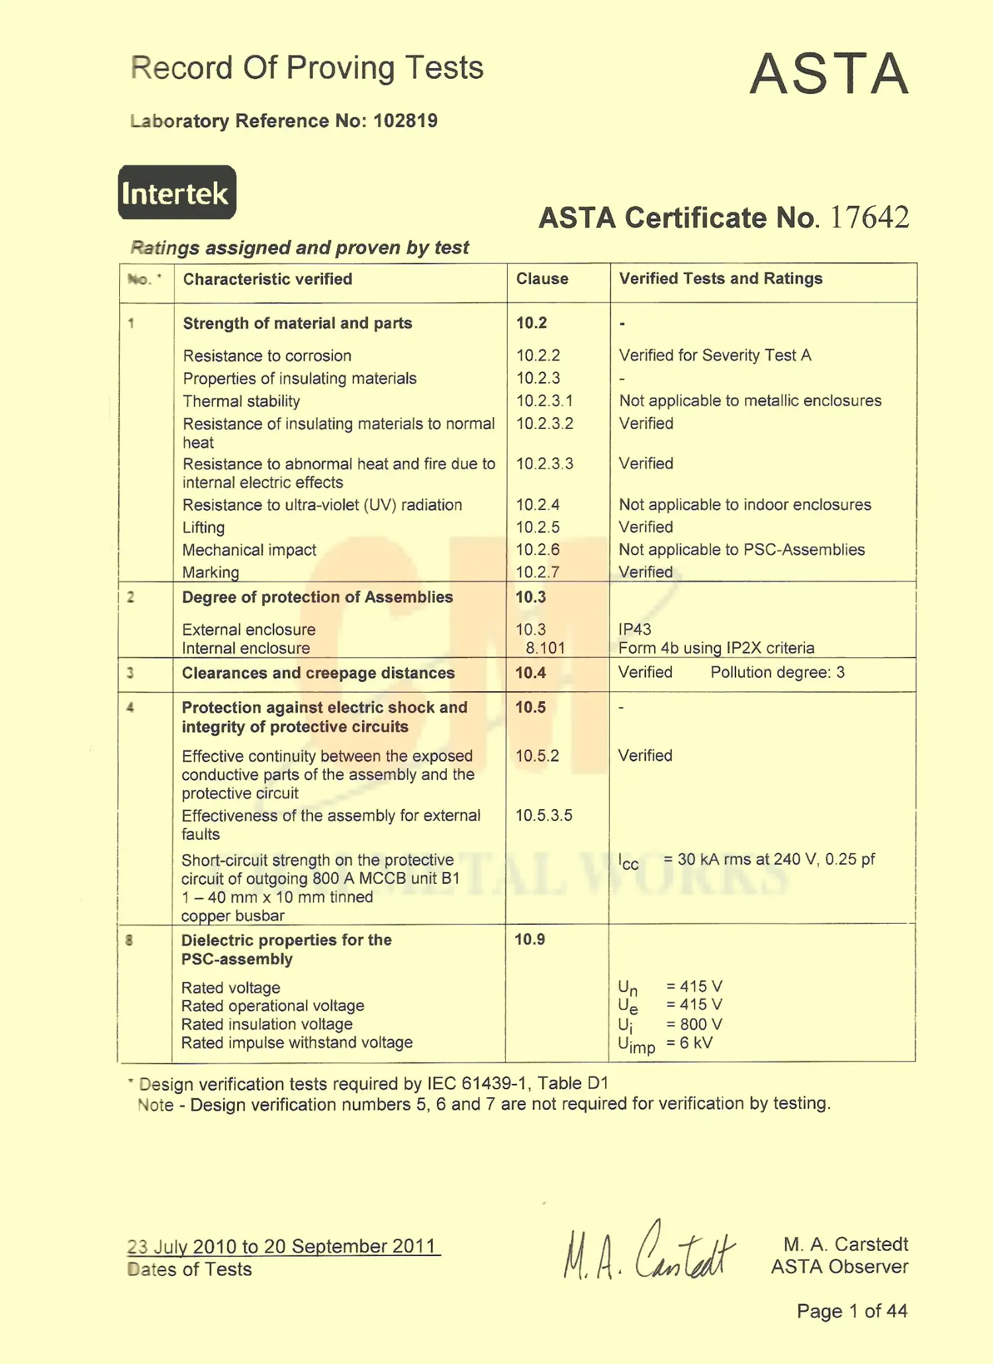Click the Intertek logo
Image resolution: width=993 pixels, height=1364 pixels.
point(177,193)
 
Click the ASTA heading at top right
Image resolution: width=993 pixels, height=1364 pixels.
point(829,73)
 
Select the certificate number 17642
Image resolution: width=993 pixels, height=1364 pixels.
point(869,217)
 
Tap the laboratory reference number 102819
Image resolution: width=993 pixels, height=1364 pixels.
point(405,121)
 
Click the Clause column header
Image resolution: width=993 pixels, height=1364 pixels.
point(542,279)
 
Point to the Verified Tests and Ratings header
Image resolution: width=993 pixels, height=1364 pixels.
point(720,279)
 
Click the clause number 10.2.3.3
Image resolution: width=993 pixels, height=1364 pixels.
point(545,463)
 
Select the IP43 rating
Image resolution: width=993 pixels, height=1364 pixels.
point(635,629)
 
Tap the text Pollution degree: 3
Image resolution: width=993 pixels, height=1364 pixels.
point(777,673)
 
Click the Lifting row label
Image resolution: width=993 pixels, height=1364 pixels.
point(204,528)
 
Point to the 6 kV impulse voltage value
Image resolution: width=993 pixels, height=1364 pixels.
point(696,1043)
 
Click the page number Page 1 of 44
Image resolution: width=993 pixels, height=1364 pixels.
point(851,1311)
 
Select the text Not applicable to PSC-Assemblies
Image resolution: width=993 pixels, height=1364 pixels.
point(741,550)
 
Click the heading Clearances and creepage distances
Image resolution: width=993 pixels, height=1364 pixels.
point(318,673)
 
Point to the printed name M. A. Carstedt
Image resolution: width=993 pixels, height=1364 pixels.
point(845,1244)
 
